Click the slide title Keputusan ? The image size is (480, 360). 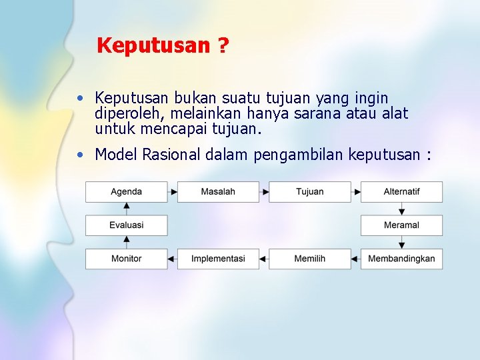click(x=163, y=46)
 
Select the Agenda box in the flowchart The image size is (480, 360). click(x=126, y=192)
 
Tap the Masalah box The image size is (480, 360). click(x=218, y=192)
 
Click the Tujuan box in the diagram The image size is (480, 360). click(x=309, y=192)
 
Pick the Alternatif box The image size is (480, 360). click(x=401, y=192)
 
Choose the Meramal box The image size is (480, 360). click(x=401, y=225)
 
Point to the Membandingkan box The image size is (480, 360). click(x=401, y=259)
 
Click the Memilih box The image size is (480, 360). click(x=309, y=259)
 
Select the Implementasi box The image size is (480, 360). click(x=218, y=259)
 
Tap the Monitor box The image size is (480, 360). click(x=126, y=259)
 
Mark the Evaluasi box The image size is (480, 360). click(x=126, y=225)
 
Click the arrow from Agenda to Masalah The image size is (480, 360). click(x=172, y=192)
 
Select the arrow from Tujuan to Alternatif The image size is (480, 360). click(x=356, y=192)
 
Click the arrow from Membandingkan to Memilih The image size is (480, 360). click(x=356, y=259)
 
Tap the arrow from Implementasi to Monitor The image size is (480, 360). click(x=172, y=259)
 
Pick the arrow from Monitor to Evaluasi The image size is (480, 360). click(x=126, y=242)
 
